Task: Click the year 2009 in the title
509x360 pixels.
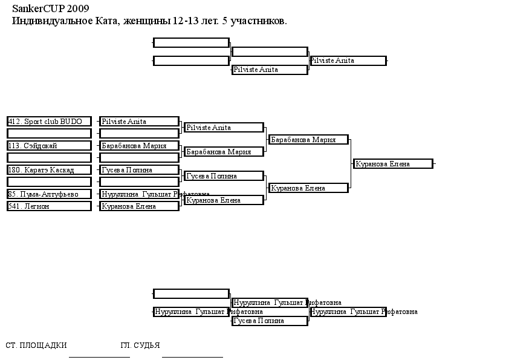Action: pyautogui.click(x=78, y=8)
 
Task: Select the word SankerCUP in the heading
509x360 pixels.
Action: pyautogui.click(x=39, y=8)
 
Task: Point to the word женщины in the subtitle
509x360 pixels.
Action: pyautogui.click(x=147, y=21)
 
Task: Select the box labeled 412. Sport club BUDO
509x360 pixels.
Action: pyautogui.click(x=49, y=122)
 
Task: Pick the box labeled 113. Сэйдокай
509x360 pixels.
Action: pyautogui.click(x=49, y=146)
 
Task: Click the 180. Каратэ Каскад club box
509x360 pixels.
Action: pyautogui.click(x=49, y=170)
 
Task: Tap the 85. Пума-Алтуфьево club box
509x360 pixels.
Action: pyautogui.click(x=49, y=194)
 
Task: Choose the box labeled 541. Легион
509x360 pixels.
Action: pyautogui.click(x=49, y=206)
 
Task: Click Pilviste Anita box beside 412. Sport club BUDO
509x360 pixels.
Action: pyautogui.click(x=139, y=122)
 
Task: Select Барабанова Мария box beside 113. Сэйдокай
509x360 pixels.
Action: pyautogui.click(x=139, y=146)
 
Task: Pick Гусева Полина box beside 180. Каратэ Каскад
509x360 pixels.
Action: pyautogui.click(x=139, y=170)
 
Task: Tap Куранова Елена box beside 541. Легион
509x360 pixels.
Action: pyautogui.click(x=139, y=206)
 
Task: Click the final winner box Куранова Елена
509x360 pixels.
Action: pyautogui.click(x=394, y=164)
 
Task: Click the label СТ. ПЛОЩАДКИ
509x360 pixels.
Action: pyautogui.click(x=36, y=345)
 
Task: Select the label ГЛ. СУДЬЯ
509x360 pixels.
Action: pyautogui.click(x=140, y=345)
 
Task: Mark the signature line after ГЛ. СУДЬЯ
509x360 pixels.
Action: pyautogui.click(x=192, y=357)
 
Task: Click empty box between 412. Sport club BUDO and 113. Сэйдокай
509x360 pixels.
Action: pyautogui.click(x=49, y=134)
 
